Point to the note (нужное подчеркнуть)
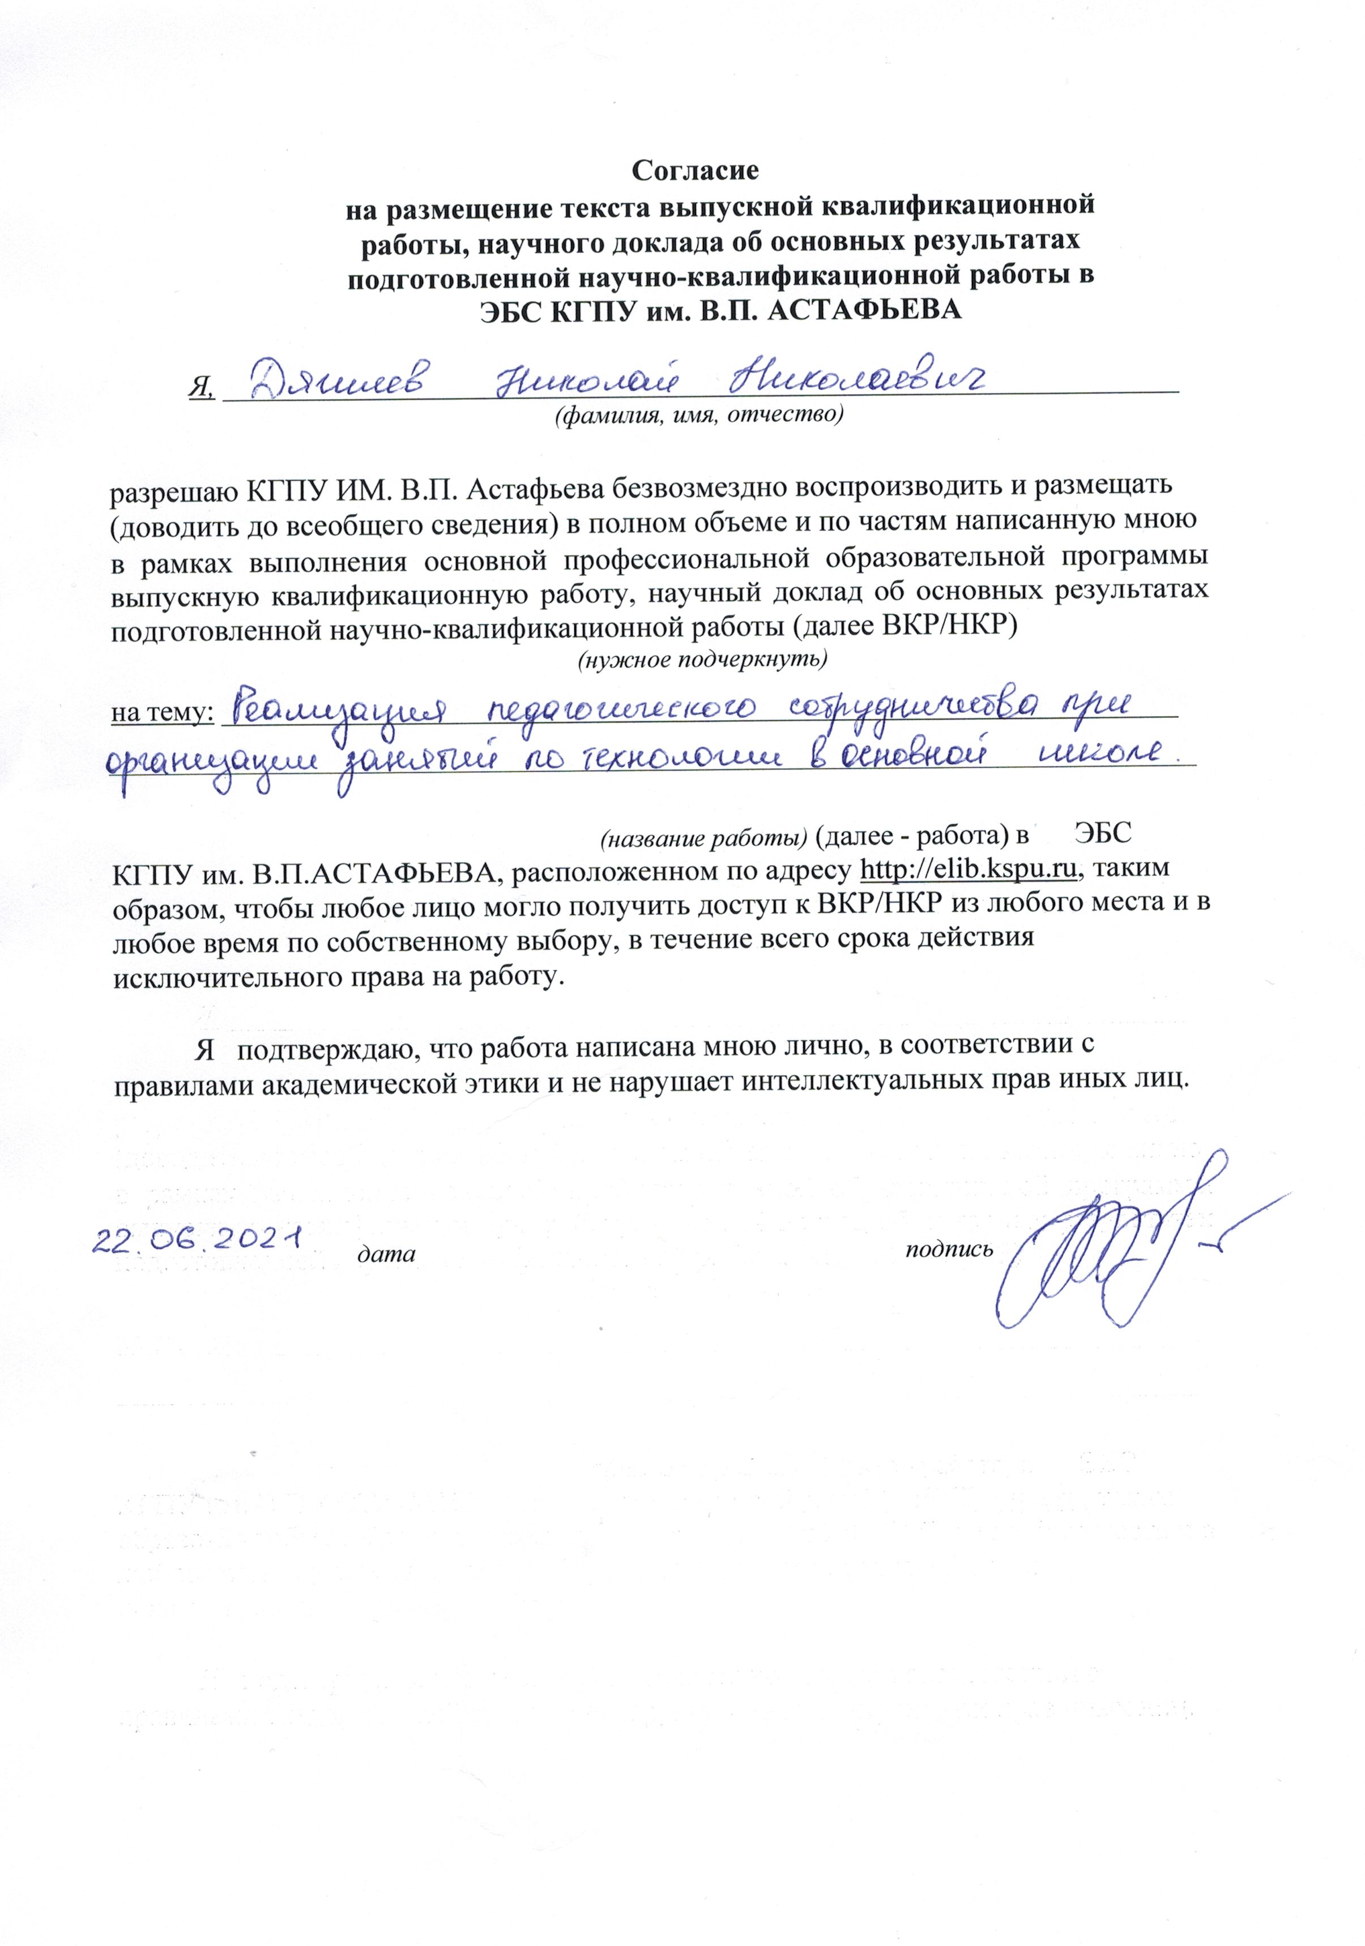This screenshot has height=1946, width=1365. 701,658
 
